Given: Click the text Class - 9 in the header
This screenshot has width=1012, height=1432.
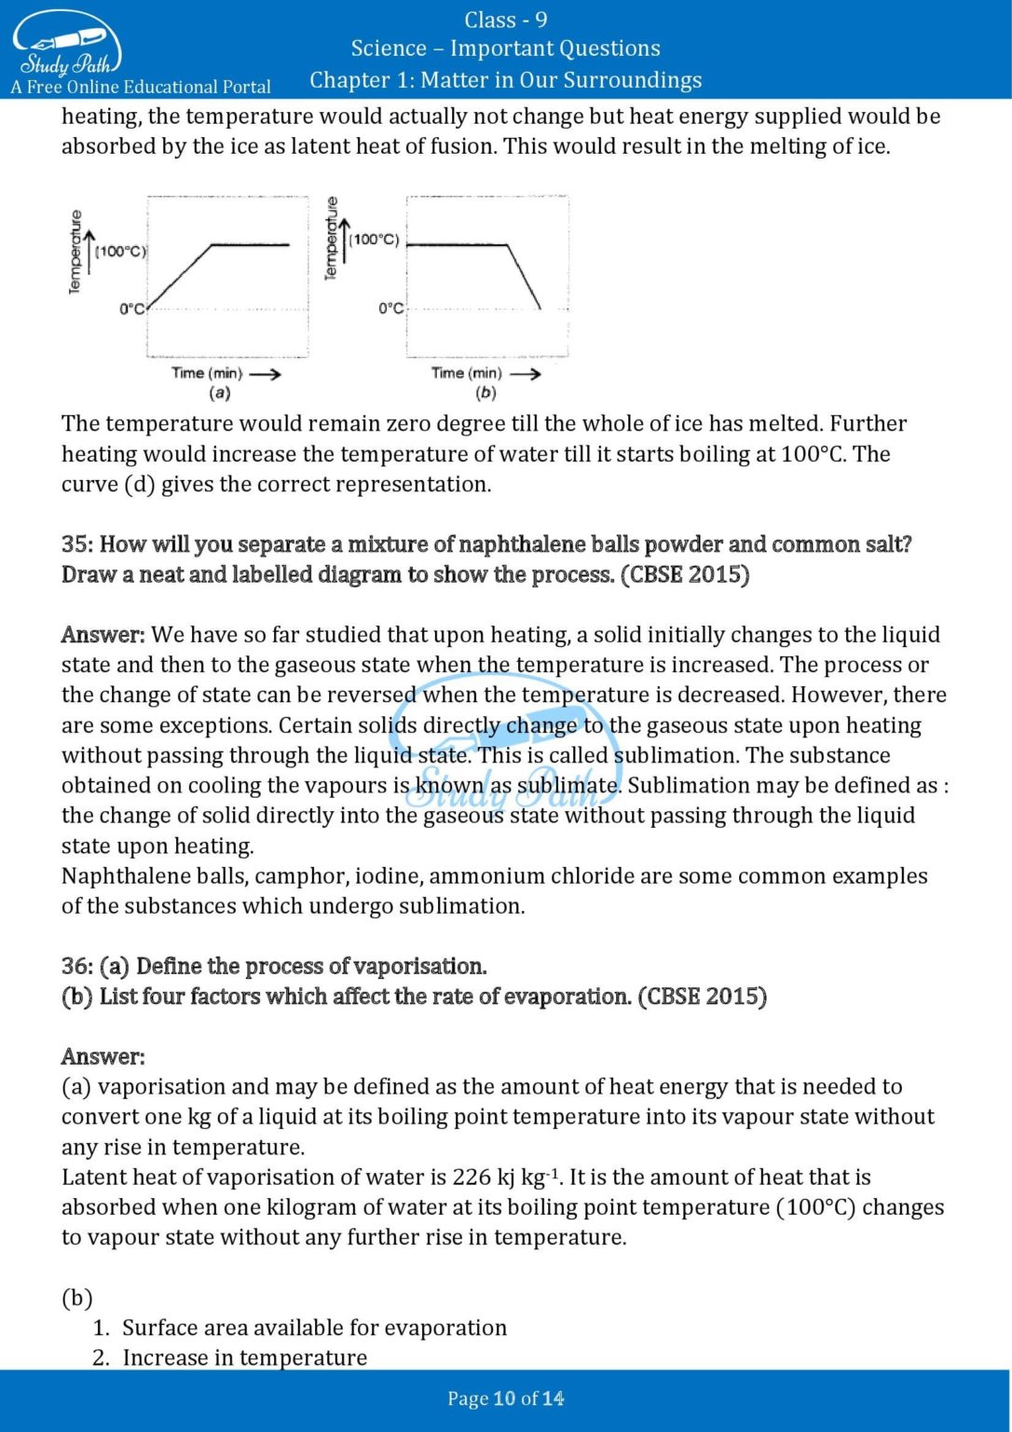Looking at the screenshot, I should click(x=505, y=20).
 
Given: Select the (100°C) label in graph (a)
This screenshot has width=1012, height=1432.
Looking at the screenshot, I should click(x=120, y=251).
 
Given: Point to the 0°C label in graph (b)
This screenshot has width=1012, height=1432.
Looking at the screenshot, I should click(x=391, y=308).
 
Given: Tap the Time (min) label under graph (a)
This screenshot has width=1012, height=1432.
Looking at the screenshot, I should click(x=207, y=373).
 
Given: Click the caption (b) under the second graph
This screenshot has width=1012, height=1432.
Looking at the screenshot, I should click(x=485, y=392).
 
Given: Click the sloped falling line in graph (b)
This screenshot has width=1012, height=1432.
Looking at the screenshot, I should click(x=524, y=277).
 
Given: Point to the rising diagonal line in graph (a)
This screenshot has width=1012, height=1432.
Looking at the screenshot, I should click(x=180, y=277).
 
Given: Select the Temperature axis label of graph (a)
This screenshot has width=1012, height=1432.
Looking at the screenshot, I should click(x=75, y=252).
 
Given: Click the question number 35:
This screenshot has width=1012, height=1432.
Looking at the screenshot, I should click(x=77, y=544).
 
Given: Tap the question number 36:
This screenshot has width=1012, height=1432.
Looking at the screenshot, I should click(x=77, y=966).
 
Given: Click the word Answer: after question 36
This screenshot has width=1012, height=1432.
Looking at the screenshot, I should click(x=103, y=1056).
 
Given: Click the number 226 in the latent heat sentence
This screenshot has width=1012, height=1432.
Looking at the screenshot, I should click(x=472, y=1177).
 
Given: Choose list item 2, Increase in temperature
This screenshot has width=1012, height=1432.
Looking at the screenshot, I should click(x=244, y=1357).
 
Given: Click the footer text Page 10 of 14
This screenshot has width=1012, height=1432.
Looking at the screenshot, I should click(x=505, y=1398).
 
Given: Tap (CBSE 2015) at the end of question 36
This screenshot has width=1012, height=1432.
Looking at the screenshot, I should click(x=702, y=997).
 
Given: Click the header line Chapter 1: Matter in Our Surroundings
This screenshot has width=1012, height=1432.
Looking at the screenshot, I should click(x=505, y=80).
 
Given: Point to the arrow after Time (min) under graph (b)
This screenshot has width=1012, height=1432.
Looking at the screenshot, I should click(x=525, y=374).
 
